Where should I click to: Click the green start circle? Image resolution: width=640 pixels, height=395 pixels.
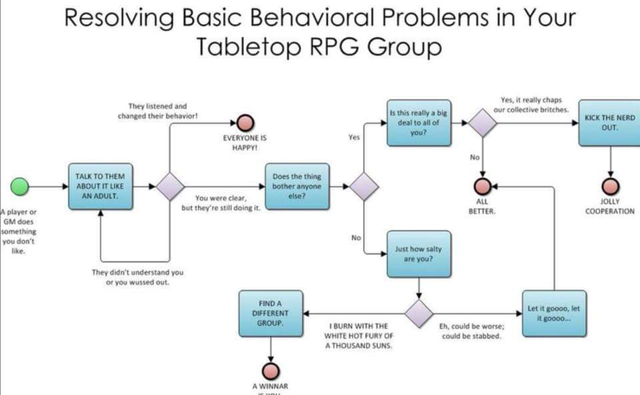pyautogui.click(x=18, y=186)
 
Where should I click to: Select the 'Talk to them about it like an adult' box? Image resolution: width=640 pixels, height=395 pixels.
pyautogui.click(x=100, y=185)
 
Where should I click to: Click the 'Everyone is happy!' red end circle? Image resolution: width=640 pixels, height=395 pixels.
pyautogui.click(x=246, y=122)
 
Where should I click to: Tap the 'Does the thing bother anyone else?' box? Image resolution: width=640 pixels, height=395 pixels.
pyautogui.click(x=297, y=185)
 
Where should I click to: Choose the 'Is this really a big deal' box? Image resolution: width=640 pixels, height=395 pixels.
pyautogui.click(x=418, y=122)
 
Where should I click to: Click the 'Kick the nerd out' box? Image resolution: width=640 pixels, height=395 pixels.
pyautogui.click(x=609, y=122)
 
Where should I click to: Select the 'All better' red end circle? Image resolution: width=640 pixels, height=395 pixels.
pyautogui.click(x=482, y=186)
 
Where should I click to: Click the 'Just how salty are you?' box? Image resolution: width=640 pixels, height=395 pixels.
pyautogui.click(x=418, y=253)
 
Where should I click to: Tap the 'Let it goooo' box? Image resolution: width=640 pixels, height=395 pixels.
pyautogui.click(x=553, y=313)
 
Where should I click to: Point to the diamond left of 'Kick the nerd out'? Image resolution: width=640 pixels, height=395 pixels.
pyautogui.click(x=483, y=122)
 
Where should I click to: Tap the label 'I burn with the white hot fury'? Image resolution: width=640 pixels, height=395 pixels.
pyautogui.click(x=359, y=335)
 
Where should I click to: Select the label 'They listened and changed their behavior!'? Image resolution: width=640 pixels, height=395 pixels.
pyautogui.click(x=157, y=111)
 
